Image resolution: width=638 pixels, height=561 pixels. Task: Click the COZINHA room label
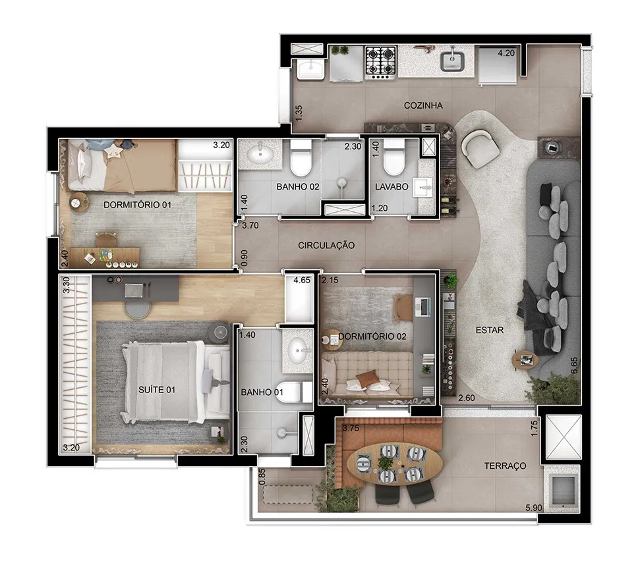423,105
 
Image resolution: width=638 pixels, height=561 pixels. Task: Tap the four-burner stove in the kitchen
381,62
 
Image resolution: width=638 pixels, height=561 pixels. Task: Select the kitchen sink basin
451,61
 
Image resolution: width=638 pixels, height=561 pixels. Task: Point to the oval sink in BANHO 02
261,154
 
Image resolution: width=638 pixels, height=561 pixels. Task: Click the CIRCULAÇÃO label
326,245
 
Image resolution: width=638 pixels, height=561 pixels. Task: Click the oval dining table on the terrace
395,464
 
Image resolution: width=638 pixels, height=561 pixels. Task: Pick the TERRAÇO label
505,466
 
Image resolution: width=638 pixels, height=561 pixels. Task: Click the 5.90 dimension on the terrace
533,508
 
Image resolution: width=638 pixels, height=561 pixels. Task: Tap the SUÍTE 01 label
157,390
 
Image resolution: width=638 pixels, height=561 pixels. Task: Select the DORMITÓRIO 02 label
372,336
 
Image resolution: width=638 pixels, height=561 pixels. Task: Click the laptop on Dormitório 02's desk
422,307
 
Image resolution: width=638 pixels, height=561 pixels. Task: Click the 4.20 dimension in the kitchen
506,53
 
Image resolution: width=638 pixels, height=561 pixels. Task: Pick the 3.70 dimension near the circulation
250,225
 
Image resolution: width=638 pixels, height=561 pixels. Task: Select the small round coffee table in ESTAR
525,360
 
